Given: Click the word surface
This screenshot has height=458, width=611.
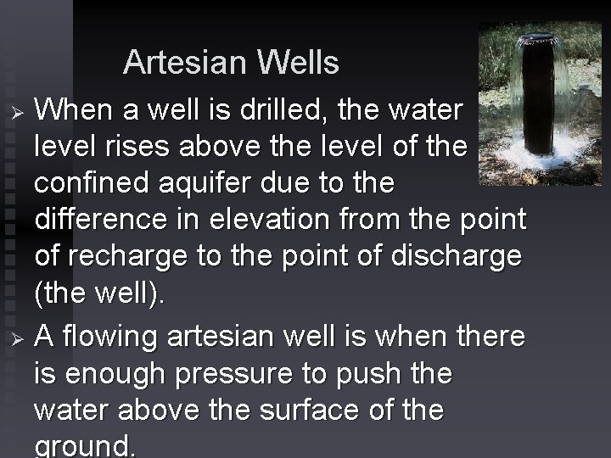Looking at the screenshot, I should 290,410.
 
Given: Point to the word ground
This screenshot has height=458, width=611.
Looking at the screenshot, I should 84,447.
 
